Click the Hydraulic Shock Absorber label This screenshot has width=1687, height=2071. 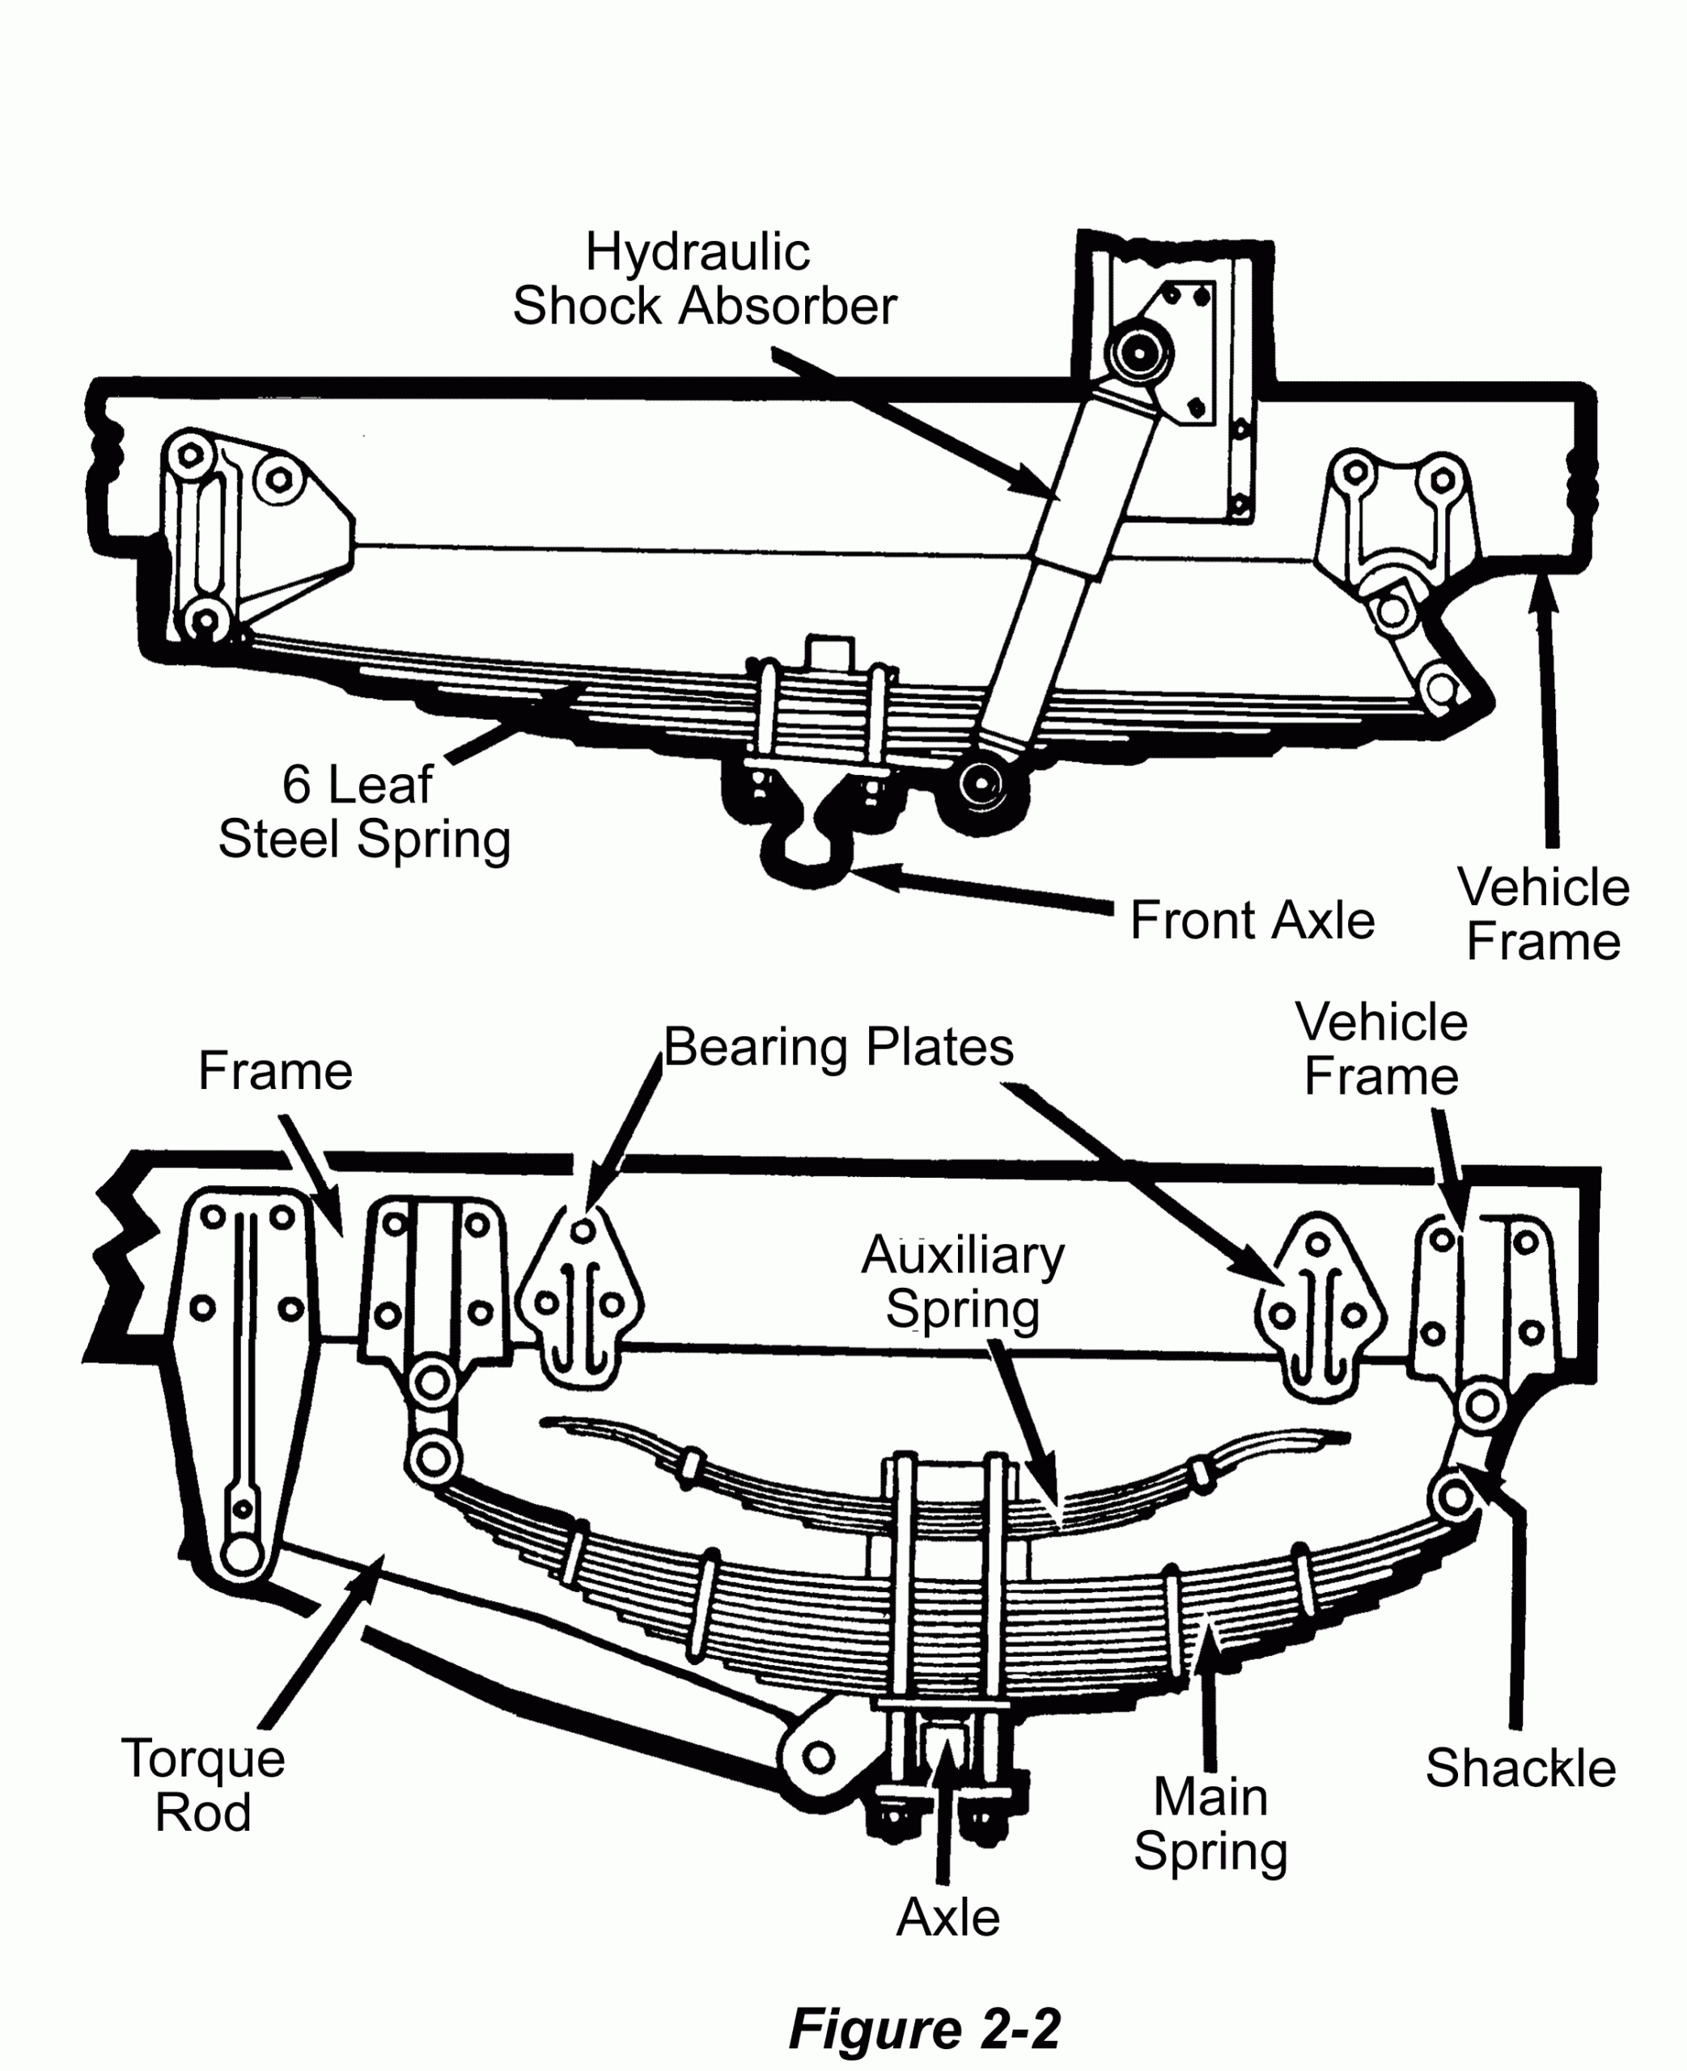[x=704, y=280]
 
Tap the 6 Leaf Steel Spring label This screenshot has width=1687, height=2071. [x=363, y=811]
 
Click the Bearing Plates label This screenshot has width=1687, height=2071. [x=837, y=1047]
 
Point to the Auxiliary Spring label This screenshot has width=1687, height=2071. [x=962, y=1281]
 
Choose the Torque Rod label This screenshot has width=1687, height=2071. [x=203, y=1785]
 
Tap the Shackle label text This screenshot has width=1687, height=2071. [x=1520, y=1767]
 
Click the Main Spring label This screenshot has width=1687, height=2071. [x=1210, y=1823]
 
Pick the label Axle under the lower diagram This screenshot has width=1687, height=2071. [x=947, y=1917]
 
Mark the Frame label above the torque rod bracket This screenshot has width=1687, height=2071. [x=275, y=1071]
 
